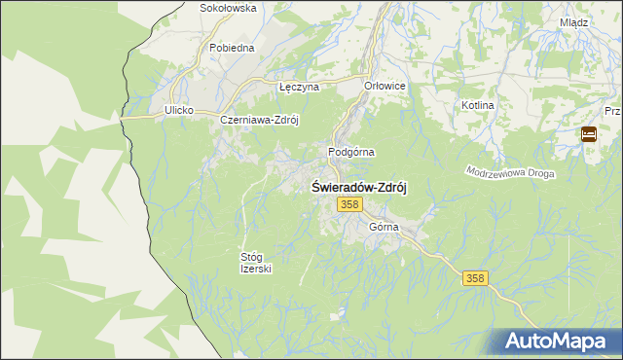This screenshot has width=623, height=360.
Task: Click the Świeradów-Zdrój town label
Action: coord(358,187)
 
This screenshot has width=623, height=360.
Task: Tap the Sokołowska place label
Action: coord(227,8)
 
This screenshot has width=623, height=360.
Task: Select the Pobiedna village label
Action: coord(232,47)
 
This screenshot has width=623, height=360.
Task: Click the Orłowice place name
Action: coord(385,86)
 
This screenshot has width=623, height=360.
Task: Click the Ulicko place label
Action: coord(179,111)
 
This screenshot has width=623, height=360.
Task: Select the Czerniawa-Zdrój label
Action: coord(258,120)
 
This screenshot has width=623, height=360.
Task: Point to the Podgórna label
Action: coord(351,152)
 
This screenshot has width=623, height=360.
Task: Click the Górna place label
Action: coord(385,227)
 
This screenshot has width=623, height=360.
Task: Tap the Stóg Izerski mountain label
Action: coord(255,263)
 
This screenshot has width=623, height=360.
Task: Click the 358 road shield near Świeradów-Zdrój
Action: coord(350,204)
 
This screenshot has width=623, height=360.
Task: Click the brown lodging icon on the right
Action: coord(589,135)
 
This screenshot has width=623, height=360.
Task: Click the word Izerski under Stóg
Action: coord(255,270)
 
